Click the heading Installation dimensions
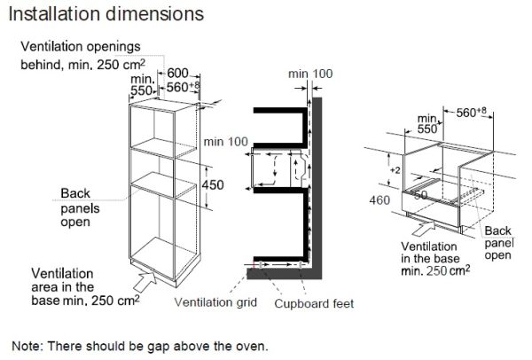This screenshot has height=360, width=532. point(106,15)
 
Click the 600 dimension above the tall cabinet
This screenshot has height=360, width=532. point(177,73)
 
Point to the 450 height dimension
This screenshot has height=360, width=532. point(213,185)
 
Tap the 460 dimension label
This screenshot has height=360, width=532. point(379,200)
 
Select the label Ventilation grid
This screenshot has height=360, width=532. point(215,302)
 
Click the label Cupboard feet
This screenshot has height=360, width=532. point(314,303)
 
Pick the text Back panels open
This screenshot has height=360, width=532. point(80,207)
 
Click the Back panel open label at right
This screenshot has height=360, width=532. point(499,243)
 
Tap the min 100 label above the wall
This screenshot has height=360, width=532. point(310,74)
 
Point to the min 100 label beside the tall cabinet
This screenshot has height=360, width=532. point(225,142)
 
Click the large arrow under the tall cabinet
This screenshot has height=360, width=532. point(145,281)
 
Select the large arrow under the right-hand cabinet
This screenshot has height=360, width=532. point(424,228)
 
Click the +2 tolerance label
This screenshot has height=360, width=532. point(395,170)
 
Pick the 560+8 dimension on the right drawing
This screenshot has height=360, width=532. point(472,112)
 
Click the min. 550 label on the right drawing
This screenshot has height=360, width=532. point(427,124)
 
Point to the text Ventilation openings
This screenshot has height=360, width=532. point(81,46)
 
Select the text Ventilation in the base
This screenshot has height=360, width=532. point(430,252)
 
